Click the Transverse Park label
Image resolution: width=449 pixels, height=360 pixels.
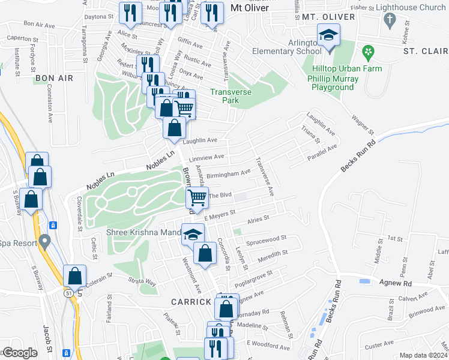225,96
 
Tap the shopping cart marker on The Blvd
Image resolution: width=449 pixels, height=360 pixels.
197,197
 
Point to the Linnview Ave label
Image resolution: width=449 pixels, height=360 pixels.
206,158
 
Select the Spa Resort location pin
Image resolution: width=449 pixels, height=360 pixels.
44,242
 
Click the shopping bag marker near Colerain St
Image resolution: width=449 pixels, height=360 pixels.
74,277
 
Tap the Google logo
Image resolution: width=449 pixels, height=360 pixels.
19,353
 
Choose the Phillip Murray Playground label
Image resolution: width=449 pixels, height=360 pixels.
332,83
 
